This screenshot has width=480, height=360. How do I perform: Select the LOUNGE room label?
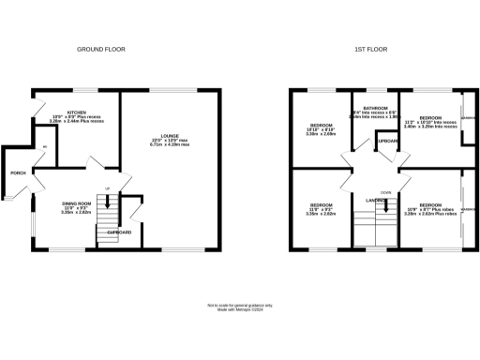click(170, 136)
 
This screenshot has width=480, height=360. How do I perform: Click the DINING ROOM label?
click(76, 203)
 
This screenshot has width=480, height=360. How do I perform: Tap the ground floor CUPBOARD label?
click(118, 231)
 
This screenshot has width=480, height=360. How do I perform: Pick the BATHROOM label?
click(373, 108)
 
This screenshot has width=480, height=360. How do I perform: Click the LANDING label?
click(377, 200)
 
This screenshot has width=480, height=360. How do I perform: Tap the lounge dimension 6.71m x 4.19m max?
click(170, 145)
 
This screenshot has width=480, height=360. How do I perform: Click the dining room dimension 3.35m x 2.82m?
click(76, 213)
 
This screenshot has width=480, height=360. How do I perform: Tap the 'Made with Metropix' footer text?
click(239, 309)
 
